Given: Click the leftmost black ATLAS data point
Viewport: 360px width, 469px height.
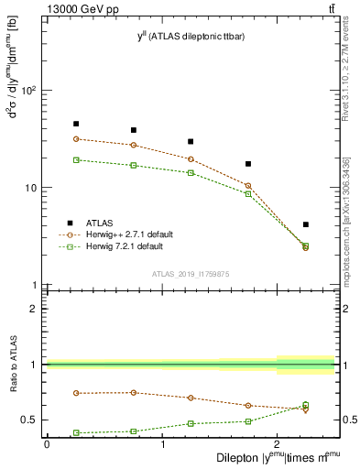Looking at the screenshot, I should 76,124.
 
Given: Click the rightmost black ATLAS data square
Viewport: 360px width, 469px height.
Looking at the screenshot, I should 306,224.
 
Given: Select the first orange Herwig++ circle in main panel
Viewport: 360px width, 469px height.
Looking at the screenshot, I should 76,139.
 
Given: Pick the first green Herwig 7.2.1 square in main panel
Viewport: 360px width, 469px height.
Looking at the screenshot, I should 76,159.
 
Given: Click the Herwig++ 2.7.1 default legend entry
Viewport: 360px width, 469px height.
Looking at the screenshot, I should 124,234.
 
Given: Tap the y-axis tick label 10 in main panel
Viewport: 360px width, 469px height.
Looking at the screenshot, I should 32,188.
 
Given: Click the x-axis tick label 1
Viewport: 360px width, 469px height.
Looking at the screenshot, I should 162,443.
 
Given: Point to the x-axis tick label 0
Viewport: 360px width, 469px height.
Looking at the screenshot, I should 47,443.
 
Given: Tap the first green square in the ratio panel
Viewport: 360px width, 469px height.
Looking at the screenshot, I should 76,432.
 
